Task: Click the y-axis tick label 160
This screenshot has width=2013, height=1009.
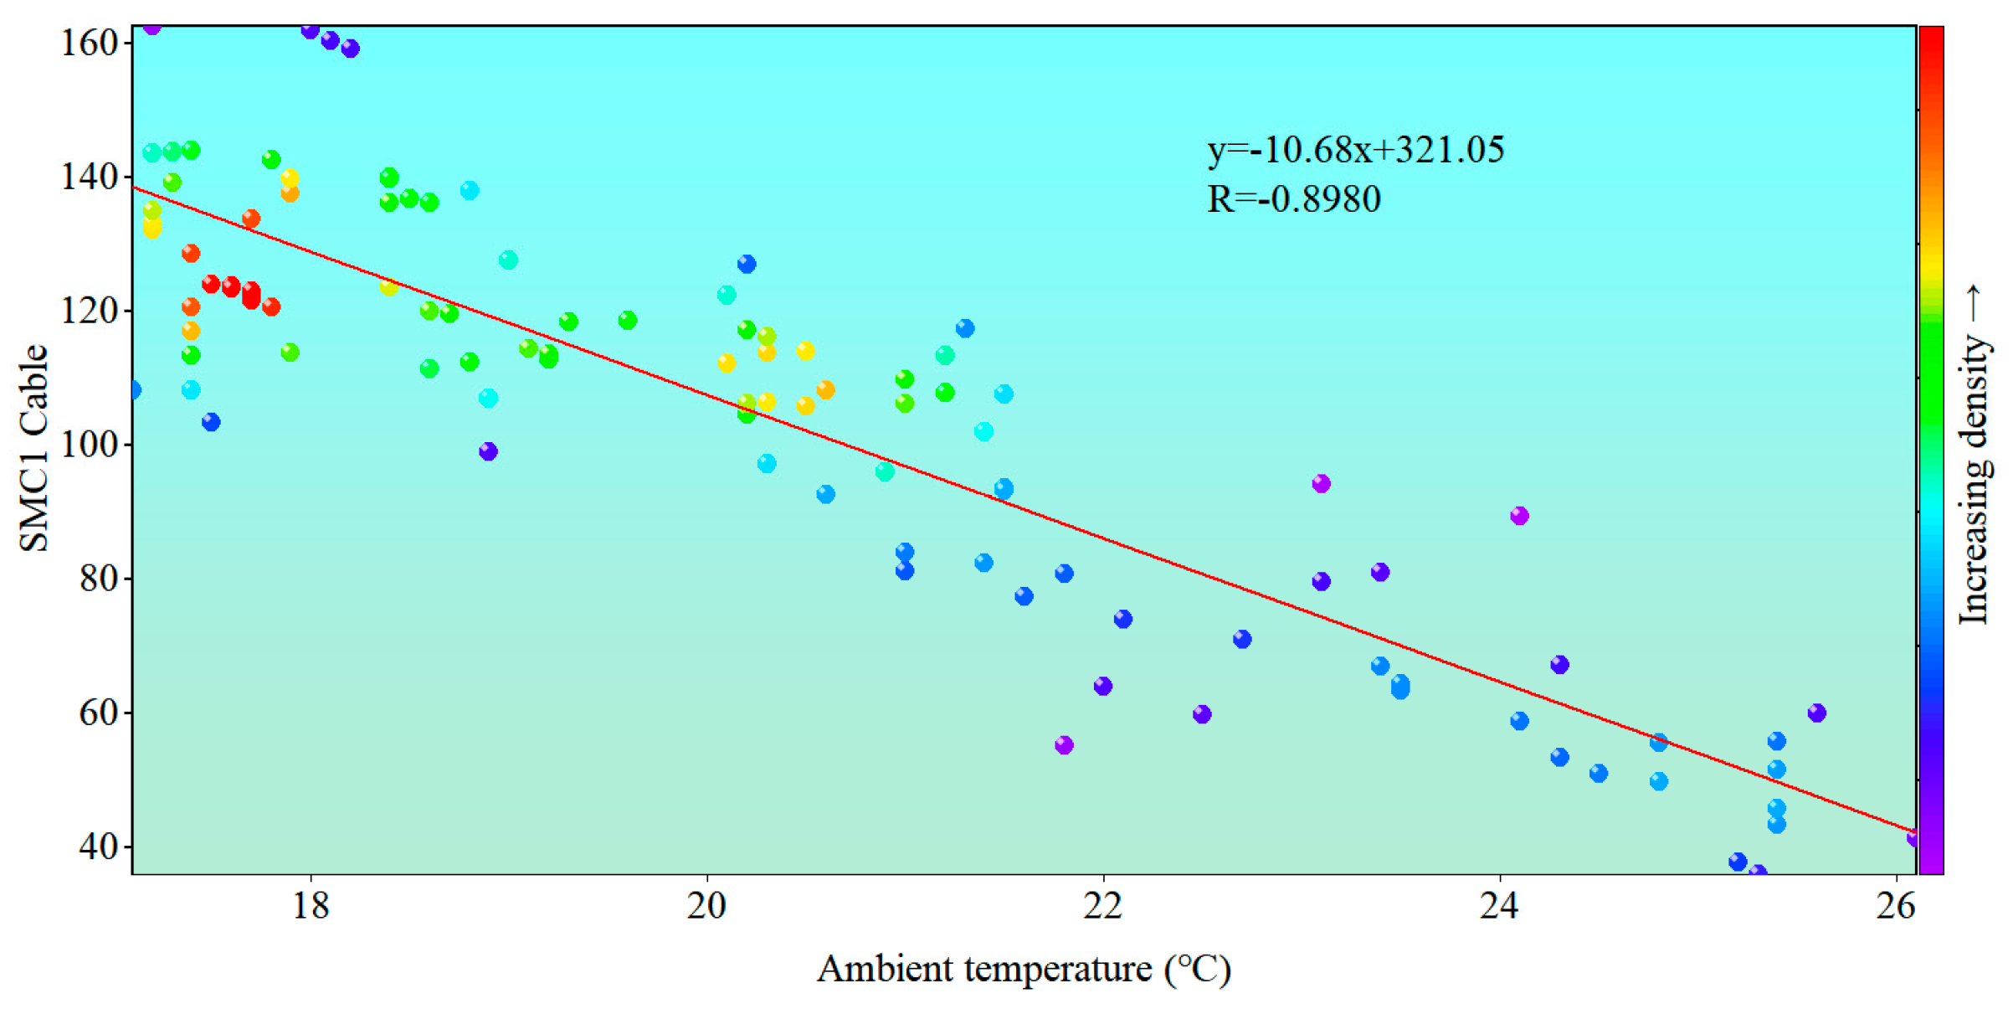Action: (x=90, y=43)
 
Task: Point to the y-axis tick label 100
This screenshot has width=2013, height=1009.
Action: (x=90, y=445)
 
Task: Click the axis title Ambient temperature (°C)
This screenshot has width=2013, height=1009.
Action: (x=1024, y=970)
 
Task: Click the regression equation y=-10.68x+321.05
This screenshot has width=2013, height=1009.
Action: (x=1355, y=150)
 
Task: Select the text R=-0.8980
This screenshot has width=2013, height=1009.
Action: (x=1293, y=199)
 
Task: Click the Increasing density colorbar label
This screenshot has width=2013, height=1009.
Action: (x=1974, y=456)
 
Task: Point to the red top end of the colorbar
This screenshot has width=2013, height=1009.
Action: (x=1932, y=38)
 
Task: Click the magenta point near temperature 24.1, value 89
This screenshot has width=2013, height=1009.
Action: (x=1519, y=516)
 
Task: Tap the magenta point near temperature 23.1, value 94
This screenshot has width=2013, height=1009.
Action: (x=1321, y=483)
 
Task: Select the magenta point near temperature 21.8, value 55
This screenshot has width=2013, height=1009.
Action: (x=1064, y=745)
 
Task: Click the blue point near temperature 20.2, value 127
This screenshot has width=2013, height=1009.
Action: (x=747, y=264)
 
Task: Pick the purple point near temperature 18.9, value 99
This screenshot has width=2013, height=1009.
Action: (x=488, y=451)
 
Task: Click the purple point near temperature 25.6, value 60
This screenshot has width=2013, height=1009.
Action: (x=1816, y=713)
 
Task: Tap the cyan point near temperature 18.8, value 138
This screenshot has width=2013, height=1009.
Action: (x=470, y=190)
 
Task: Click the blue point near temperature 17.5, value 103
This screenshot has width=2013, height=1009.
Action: (x=211, y=422)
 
